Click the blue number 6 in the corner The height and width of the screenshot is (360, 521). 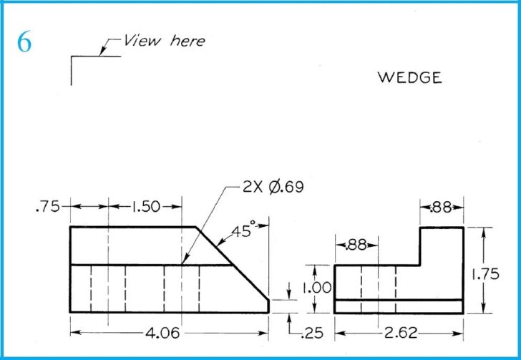tap(24, 43)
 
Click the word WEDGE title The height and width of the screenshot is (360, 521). tap(409, 78)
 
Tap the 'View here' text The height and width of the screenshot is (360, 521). tap(164, 40)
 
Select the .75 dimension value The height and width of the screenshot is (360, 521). tap(47, 207)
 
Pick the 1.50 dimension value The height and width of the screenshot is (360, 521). tap(145, 207)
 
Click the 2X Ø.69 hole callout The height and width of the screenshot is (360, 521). tap(273, 188)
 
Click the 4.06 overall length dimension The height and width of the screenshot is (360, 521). tap(162, 334)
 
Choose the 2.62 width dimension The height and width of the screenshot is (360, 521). tap(399, 334)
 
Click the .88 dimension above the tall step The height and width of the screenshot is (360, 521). tap(441, 208)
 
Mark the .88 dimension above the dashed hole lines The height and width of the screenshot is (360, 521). tap(356, 245)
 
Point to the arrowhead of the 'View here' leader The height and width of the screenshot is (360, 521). tap(103, 52)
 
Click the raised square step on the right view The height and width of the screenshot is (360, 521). tap(441, 246)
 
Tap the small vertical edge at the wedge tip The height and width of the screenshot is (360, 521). tap(269, 306)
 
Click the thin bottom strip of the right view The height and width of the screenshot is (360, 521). tap(399, 306)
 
